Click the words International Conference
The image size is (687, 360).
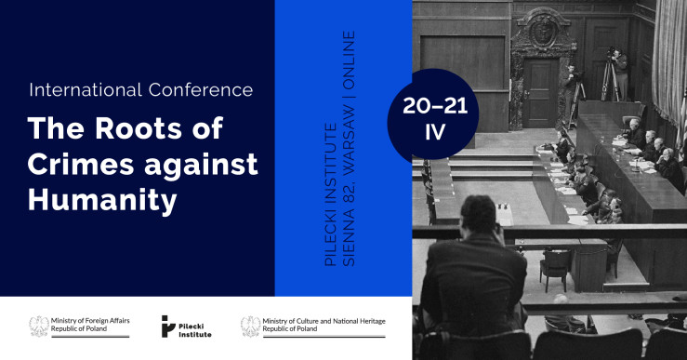click(x=141, y=90)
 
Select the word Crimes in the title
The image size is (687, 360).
click(x=81, y=164)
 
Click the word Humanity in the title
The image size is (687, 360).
click(x=102, y=202)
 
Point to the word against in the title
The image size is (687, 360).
click(x=201, y=165)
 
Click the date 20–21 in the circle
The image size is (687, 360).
click(x=435, y=106)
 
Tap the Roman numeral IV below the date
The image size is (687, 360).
click(x=435, y=132)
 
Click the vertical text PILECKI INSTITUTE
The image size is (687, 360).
click(x=331, y=194)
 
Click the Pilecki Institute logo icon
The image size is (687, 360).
click(x=168, y=327)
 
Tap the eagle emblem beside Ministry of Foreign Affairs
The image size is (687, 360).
click(x=39, y=327)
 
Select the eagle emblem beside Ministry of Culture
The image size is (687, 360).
click(x=251, y=327)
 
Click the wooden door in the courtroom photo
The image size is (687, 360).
click(x=541, y=93)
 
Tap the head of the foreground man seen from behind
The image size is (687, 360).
click(x=479, y=214)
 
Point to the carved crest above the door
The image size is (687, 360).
click(x=543, y=32)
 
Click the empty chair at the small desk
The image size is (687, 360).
click(x=556, y=268)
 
